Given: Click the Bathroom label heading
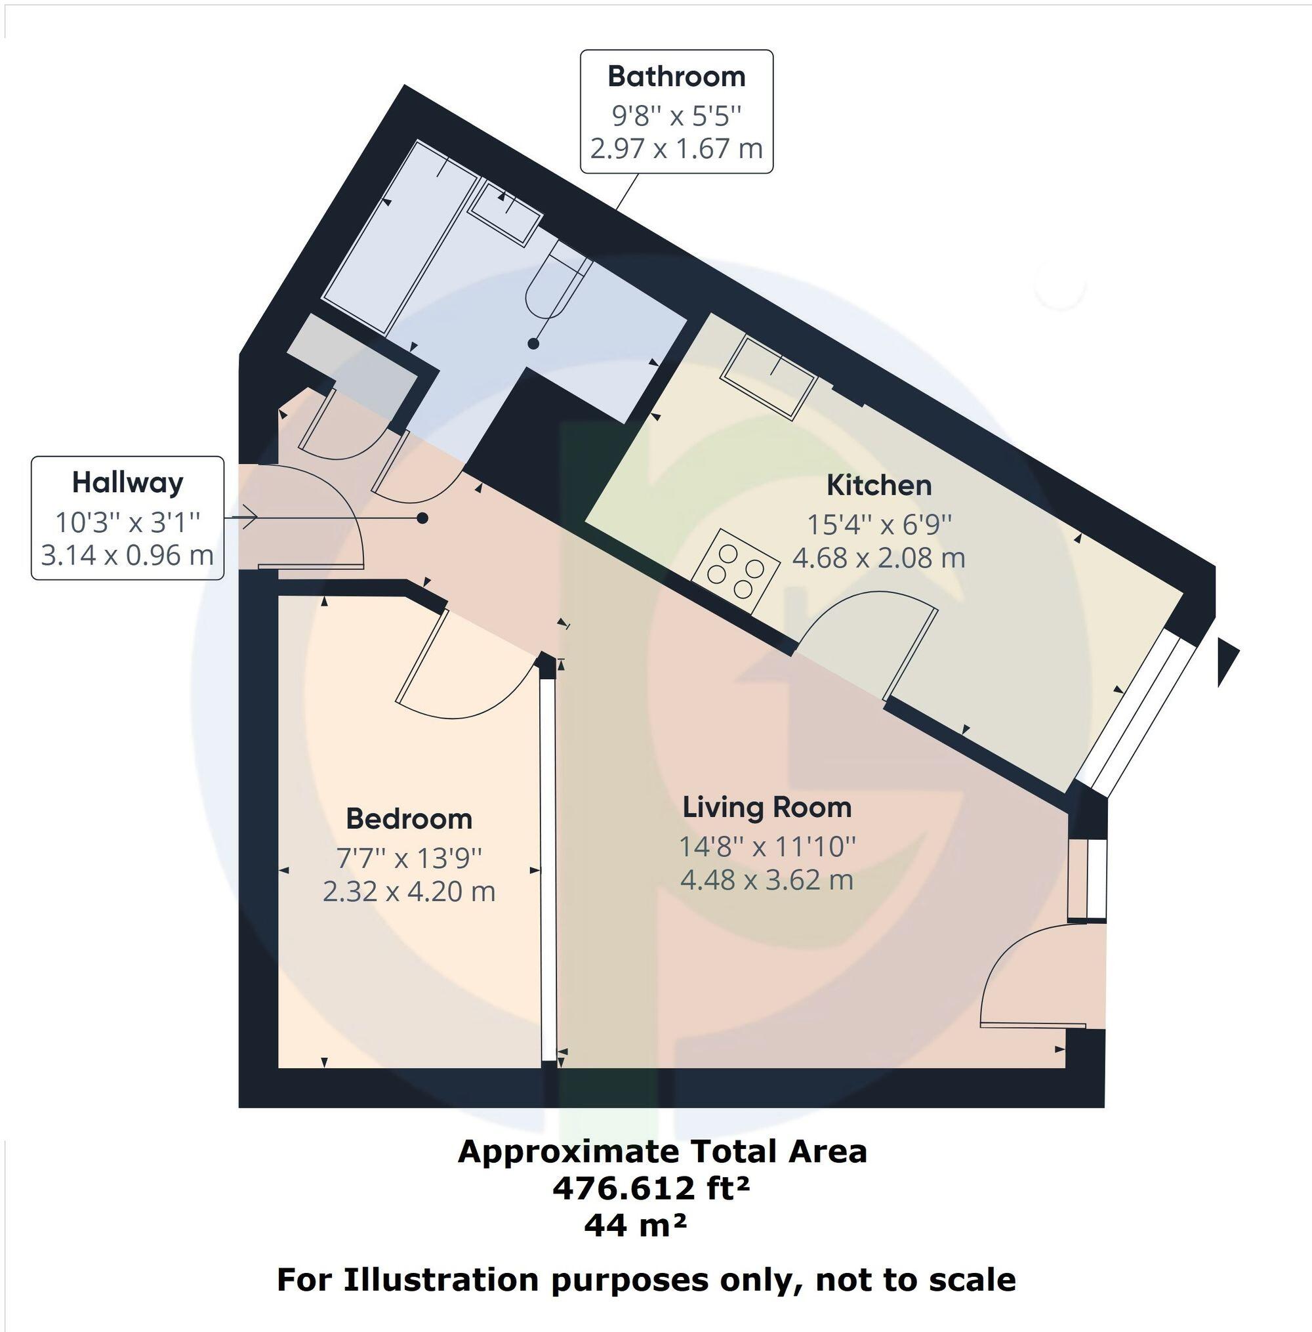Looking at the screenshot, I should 676,77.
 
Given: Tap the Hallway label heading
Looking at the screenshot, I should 127,482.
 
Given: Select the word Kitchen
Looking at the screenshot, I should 878,485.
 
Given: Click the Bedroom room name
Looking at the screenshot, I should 409,819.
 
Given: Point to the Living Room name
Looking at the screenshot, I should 766,807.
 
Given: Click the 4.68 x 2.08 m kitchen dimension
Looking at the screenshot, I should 878,558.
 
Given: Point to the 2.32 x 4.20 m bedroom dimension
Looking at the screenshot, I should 409,892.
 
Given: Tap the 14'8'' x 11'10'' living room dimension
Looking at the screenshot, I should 767,846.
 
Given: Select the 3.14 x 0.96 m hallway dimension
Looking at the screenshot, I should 127,555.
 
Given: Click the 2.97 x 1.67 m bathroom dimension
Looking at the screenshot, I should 676,148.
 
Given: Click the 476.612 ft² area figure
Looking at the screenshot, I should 651,1187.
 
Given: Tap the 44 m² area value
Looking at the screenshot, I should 635,1224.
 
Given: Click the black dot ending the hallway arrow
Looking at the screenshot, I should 422,518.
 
